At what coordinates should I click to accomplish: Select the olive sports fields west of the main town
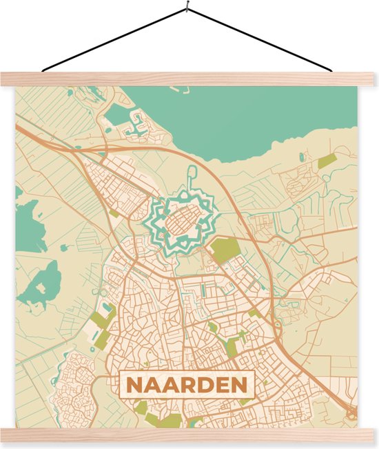[102, 319]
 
